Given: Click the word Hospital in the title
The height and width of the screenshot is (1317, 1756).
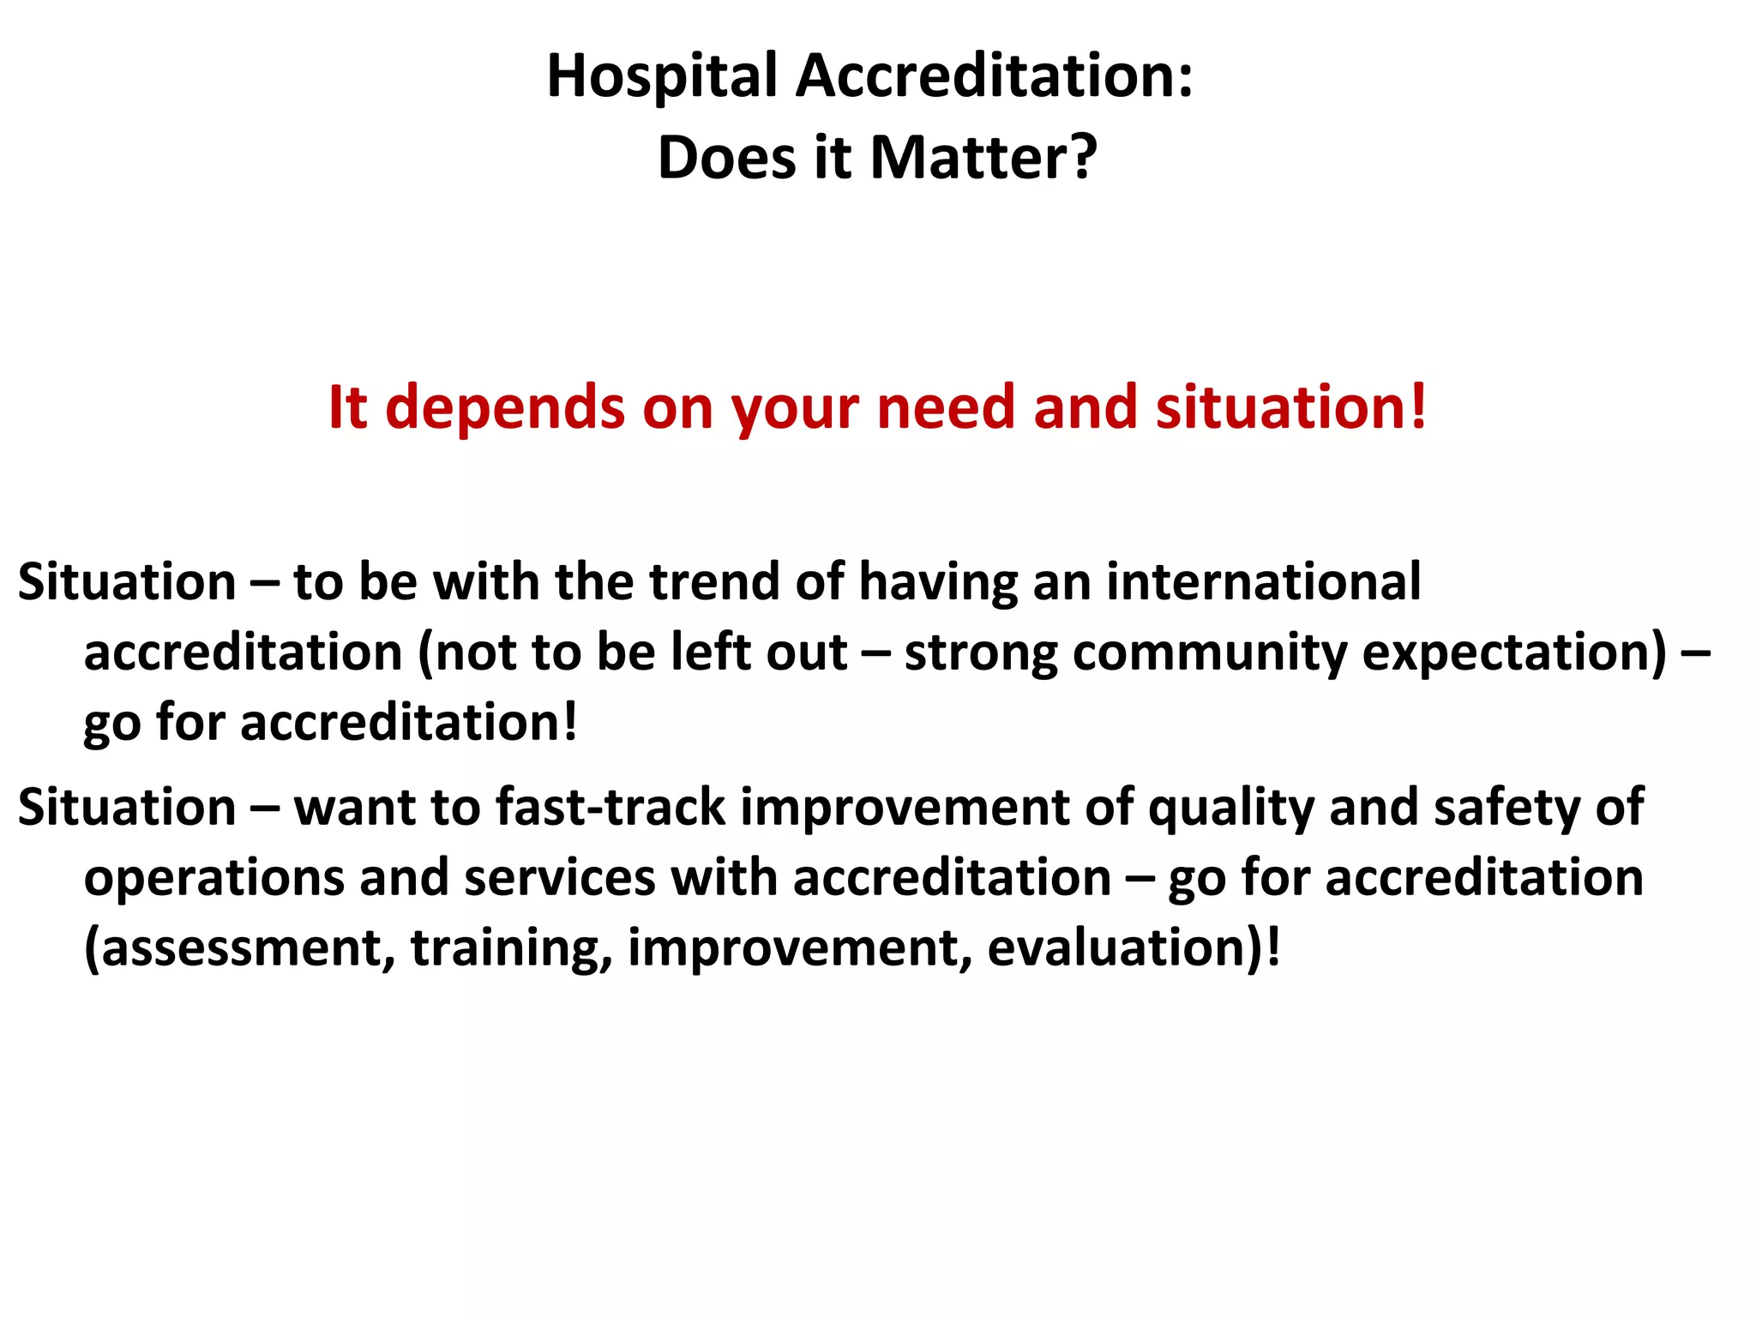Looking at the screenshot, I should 661,77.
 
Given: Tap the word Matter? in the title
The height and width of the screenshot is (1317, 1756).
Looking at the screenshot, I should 983,159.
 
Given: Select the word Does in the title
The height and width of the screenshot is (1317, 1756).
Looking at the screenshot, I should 727,159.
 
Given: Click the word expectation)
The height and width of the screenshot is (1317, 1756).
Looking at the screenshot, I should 1515,653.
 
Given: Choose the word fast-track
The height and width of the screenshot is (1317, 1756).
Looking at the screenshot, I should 610,809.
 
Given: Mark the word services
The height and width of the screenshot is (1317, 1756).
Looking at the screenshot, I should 559,879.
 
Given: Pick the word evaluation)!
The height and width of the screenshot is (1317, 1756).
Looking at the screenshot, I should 1134,949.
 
